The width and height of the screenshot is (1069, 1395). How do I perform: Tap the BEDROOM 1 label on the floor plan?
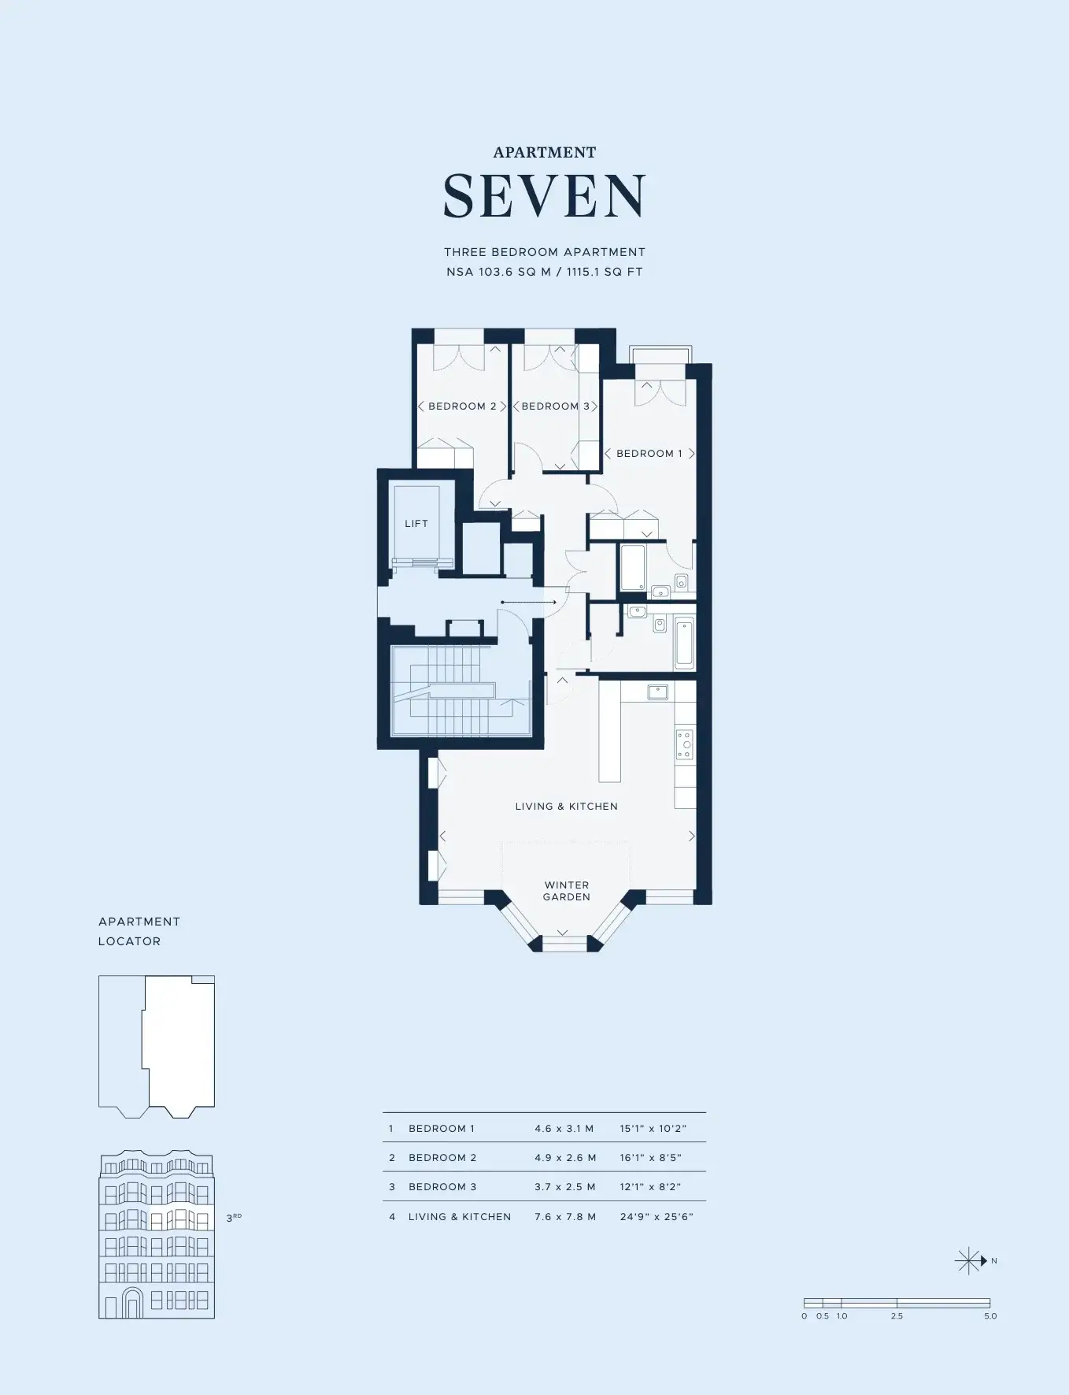tap(649, 454)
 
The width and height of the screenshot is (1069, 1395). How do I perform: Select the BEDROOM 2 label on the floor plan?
tap(462, 406)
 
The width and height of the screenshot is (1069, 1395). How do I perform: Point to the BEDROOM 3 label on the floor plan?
tap(555, 406)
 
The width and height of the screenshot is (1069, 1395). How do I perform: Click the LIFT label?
tap(416, 524)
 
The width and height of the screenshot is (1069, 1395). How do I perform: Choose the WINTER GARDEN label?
tap(567, 891)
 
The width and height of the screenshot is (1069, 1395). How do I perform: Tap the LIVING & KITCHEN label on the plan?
tap(567, 807)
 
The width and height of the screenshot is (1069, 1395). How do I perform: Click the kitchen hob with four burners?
tap(684, 744)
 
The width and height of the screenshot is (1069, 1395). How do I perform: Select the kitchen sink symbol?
tap(657, 692)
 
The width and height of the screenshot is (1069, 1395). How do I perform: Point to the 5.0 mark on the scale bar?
tap(990, 1316)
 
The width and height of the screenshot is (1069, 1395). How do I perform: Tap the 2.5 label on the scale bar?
tap(897, 1316)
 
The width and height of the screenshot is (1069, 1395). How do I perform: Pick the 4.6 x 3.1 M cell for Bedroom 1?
tap(564, 1129)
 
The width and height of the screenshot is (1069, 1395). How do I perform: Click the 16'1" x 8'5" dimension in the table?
tap(650, 1158)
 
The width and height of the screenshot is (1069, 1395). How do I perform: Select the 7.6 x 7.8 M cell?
tap(565, 1217)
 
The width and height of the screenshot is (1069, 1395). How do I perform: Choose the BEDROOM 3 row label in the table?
tap(442, 1187)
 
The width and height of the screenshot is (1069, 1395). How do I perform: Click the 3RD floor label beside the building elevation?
tap(234, 1218)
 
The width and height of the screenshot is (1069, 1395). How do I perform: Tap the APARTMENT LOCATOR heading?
tap(139, 931)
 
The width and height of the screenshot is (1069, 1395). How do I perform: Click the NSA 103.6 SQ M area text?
tap(498, 272)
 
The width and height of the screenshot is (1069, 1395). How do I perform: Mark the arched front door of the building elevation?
tap(133, 1304)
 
